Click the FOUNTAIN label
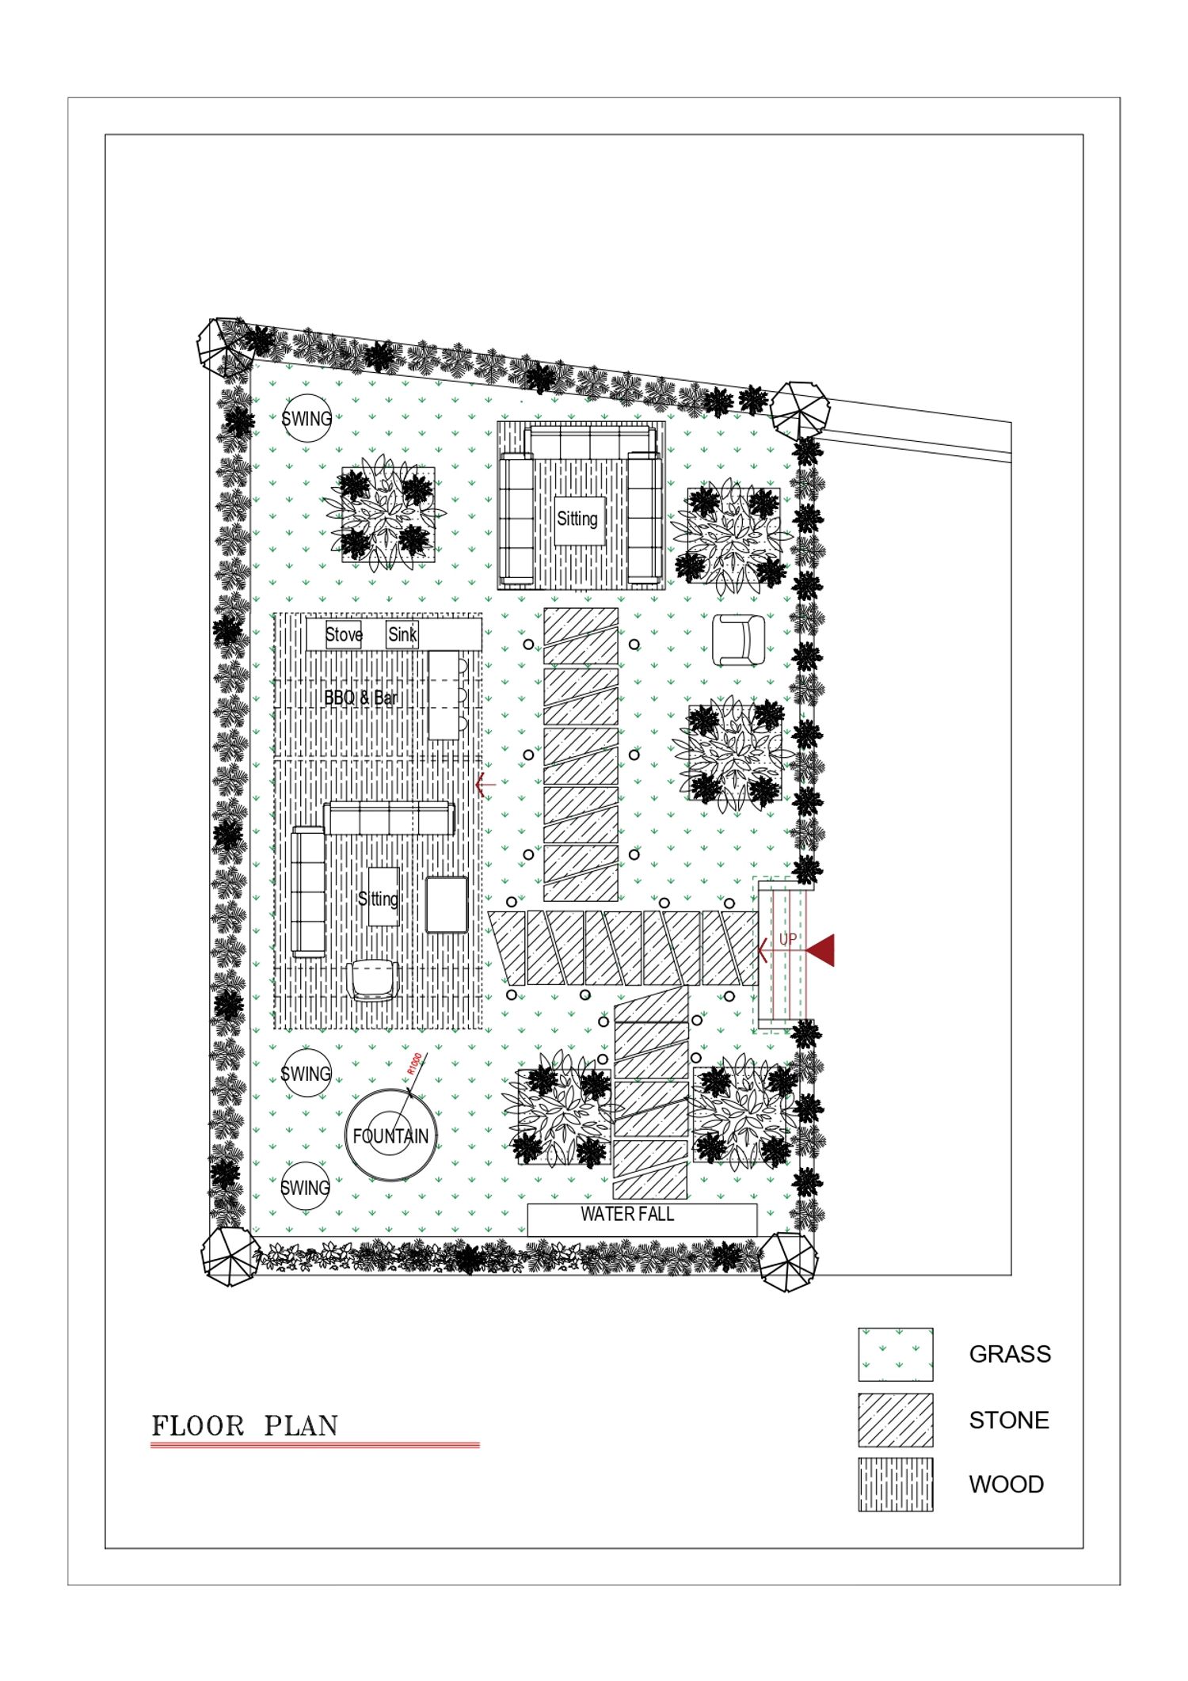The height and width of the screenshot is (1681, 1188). (390, 1136)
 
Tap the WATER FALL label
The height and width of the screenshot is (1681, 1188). (627, 1214)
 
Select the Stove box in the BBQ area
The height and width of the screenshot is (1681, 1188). (344, 634)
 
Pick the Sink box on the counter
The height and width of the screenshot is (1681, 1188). (402, 634)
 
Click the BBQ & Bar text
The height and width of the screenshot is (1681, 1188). (360, 698)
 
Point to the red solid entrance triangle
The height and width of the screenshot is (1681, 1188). (821, 950)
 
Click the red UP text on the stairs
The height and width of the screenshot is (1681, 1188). (788, 939)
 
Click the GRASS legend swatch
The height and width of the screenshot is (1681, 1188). (895, 1355)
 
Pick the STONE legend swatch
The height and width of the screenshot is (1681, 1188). (895, 1420)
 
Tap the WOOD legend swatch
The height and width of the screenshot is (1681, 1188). (895, 1485)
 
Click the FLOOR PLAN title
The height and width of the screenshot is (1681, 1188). (245, 1426)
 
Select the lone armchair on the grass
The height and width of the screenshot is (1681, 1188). (739, 641)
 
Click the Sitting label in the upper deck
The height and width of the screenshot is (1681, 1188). (577, 519)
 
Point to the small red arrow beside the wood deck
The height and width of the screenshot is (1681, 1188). (485, 785)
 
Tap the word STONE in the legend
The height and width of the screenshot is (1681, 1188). (1009, 1420)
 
